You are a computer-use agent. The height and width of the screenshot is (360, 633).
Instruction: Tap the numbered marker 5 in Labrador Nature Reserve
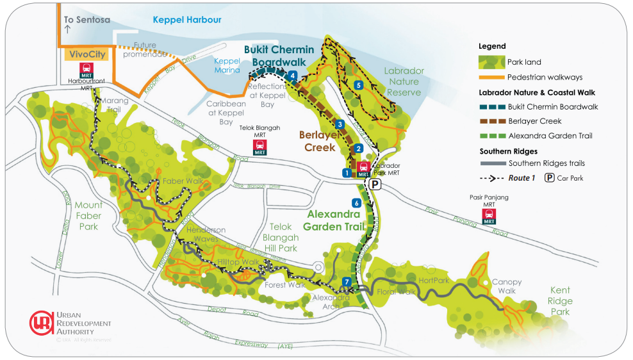click(358, 85)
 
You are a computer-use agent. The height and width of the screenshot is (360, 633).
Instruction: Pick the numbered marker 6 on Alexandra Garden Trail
click(356, 203)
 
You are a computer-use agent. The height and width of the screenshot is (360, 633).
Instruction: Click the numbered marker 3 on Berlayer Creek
click(341, 124)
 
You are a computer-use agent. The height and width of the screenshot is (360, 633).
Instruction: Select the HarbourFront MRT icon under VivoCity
click(86, 69)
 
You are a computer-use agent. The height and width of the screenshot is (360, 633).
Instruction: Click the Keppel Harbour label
click(187, 20)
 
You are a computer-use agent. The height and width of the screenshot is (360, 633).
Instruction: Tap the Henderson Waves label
click(206, 234)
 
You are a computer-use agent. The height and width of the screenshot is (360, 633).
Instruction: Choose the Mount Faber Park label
click(88, 216)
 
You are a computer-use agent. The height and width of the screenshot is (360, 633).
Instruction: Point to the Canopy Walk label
click(507, 286)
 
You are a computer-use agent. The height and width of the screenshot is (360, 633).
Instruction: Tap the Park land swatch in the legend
click(491, 62)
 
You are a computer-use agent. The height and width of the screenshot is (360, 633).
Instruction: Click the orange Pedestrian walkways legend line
click(491, 78)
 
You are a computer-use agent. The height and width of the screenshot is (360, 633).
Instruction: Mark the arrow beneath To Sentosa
click(67, 29)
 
